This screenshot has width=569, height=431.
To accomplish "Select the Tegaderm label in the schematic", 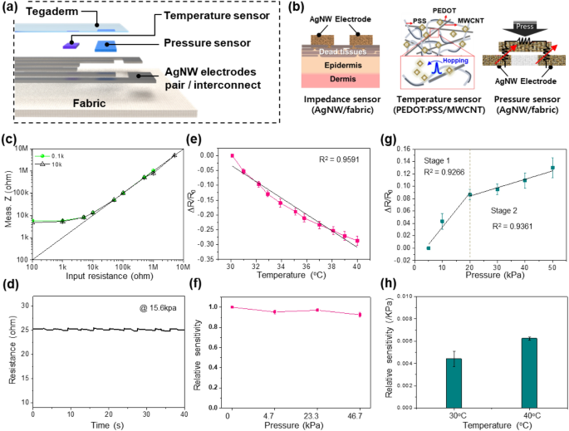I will pyautogui.click(x=42, y=13).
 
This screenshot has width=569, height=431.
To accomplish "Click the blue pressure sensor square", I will pyautogui.click(x=105, y=46).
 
